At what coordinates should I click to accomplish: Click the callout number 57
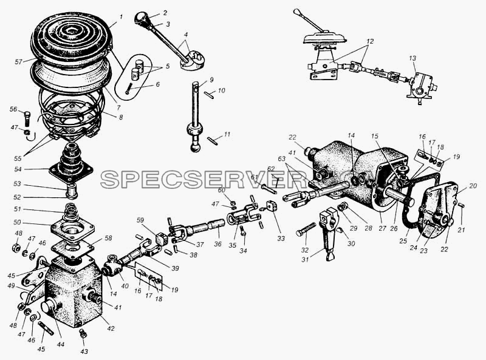coord(19,62)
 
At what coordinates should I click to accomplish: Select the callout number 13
coord(412,58)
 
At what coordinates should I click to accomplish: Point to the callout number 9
coord(211,80)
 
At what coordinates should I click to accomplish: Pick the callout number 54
coord(18,169)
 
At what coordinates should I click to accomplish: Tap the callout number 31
coord(305,260)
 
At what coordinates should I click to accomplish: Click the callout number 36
coord(217,244)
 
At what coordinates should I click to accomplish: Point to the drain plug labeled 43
coord(83,333)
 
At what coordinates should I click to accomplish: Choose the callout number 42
coord(111,328)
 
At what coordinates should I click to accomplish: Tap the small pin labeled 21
coord(461,205)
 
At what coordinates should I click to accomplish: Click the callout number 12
coord(370,41)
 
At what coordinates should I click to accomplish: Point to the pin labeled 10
coord(209,94)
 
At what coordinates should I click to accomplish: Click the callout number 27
coord(382,228)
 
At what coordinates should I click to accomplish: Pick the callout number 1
coord(121,17)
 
